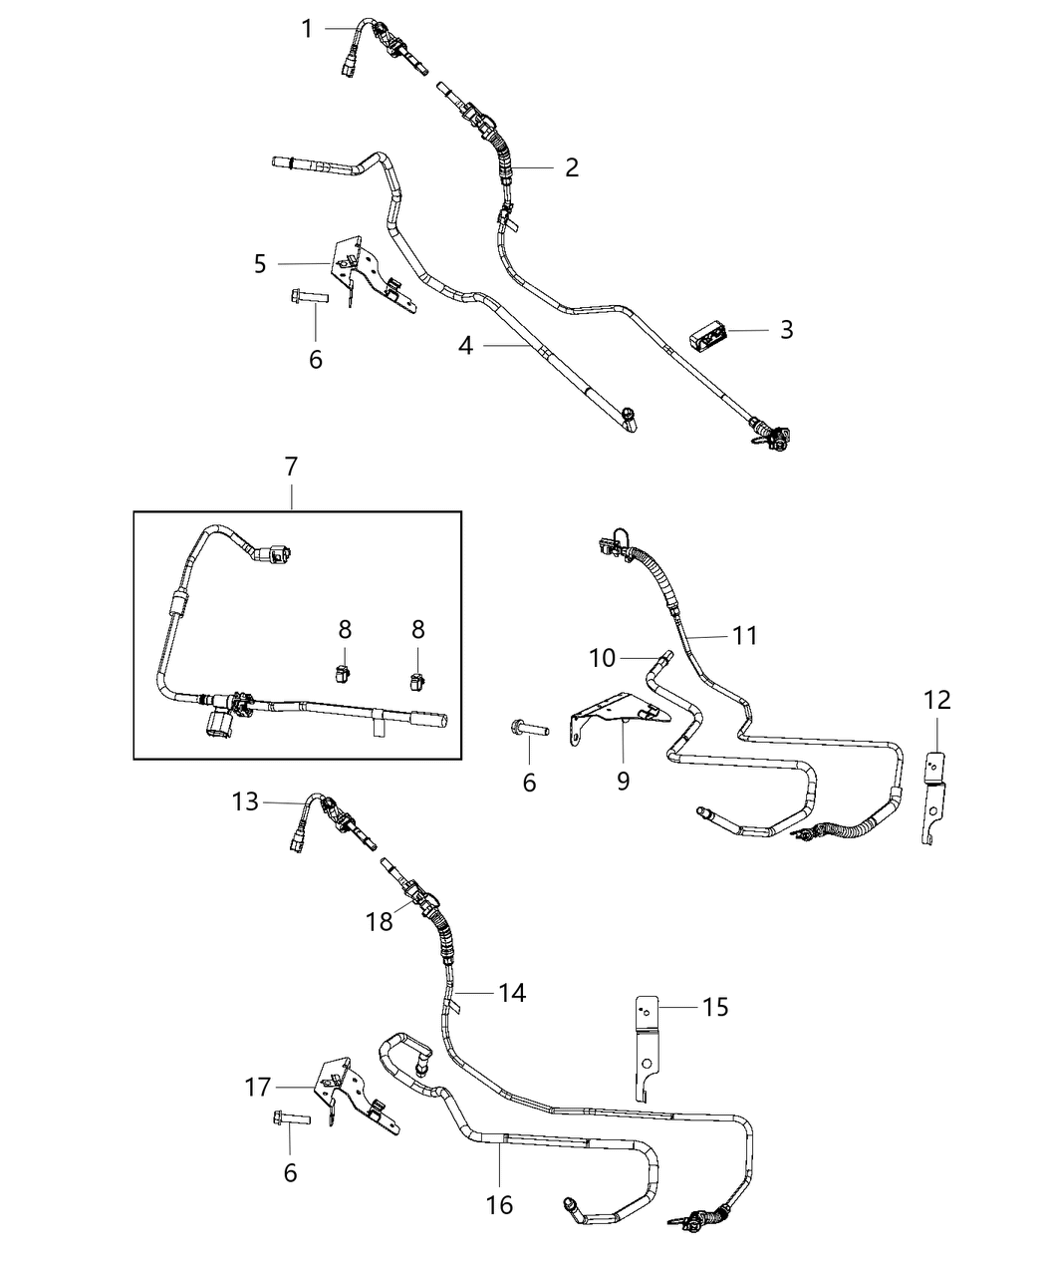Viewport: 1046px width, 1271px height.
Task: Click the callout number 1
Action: point(308,29)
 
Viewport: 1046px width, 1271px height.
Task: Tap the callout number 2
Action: point(571,167)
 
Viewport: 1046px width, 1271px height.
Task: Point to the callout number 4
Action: point(465,346)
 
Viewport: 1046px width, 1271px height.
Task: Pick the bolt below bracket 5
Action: point(308,296)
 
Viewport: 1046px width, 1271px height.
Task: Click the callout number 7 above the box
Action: point(291,467)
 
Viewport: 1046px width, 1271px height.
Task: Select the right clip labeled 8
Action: point(417,683)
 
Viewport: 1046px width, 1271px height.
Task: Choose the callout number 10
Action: point(603,658)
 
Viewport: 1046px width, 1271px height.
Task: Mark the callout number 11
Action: point(744,635)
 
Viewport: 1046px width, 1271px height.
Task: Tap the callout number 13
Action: point(245,801)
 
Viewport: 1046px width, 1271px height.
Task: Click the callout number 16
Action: point(499,1205)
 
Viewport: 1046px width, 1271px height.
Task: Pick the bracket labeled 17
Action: point(344,1097)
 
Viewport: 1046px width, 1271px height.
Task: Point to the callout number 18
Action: point(380,922)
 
